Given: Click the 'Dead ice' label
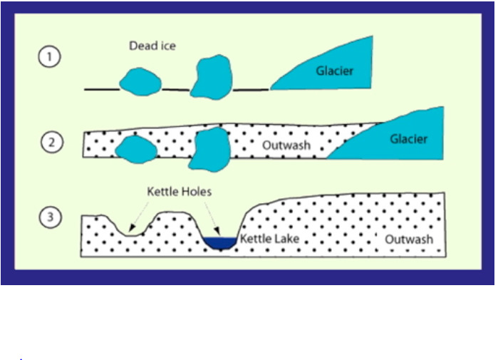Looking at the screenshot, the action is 152,46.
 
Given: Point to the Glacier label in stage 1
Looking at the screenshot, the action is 334,70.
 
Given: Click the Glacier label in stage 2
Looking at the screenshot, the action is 408,139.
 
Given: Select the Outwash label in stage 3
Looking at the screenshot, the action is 409,240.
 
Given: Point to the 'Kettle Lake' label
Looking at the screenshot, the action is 269,239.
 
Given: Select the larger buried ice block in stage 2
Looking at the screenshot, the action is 211,150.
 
